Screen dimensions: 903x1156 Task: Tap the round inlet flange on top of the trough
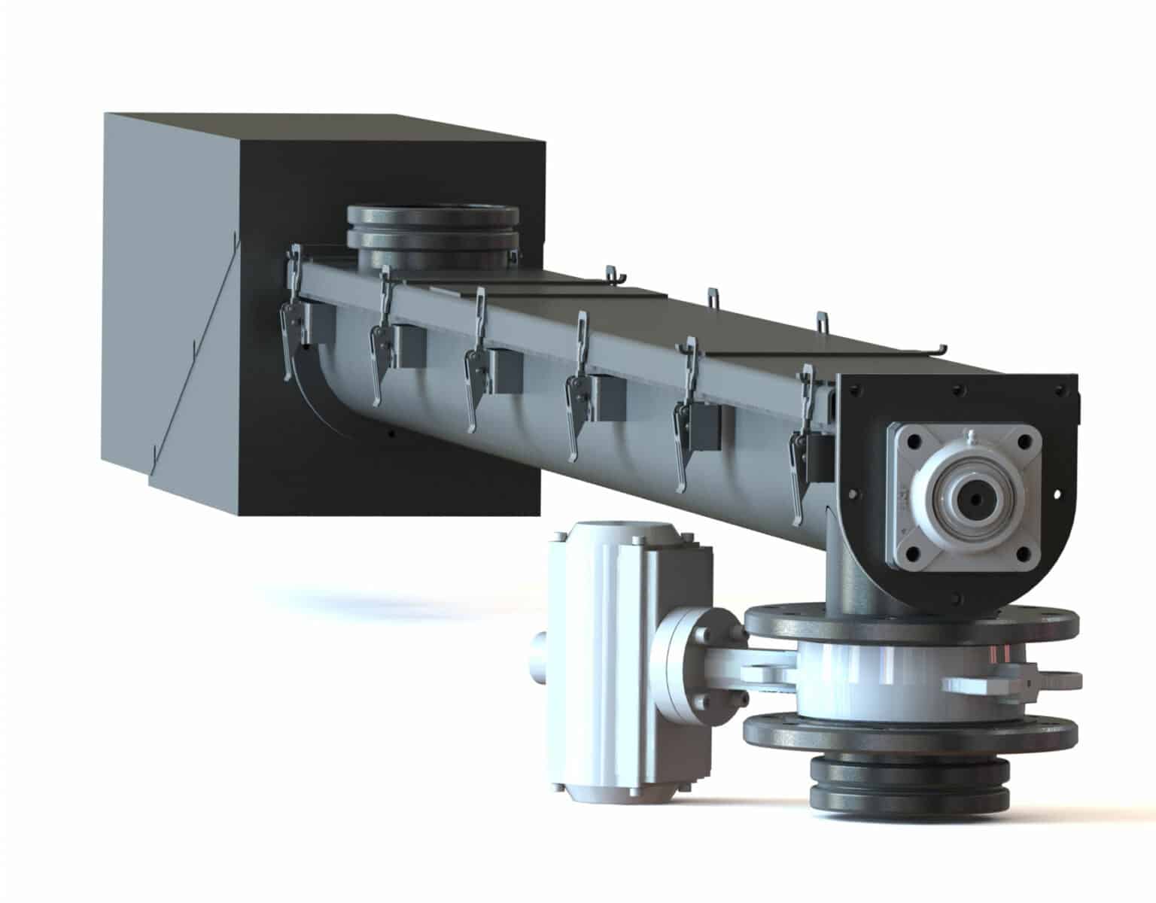click(433, 227)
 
